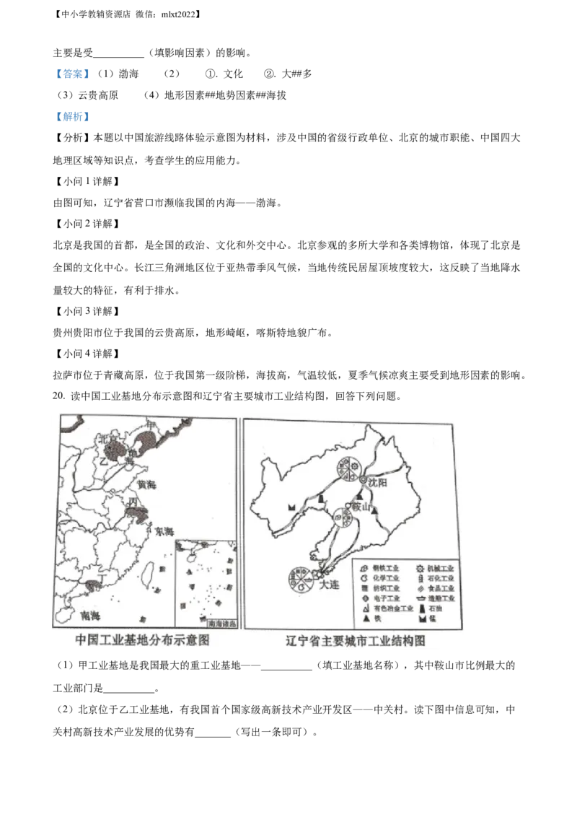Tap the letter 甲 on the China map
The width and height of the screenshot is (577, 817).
(x=149, y=424)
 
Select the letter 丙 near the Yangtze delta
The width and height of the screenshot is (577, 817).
(x=133, y=502)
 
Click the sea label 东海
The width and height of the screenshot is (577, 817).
(x=163, y=532)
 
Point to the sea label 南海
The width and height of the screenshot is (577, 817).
(x=91, y=615)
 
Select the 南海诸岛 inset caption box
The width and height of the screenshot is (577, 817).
(x=221, y=624)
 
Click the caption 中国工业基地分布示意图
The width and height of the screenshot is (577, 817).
(x=142, y=640)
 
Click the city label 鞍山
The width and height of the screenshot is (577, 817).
(x=360, y=507)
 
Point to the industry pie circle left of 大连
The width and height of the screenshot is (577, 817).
(x=299, y=577)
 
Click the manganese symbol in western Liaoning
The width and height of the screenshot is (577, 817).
(x=292, y=507)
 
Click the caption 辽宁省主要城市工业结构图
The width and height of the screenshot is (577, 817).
(x=353, y=640)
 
